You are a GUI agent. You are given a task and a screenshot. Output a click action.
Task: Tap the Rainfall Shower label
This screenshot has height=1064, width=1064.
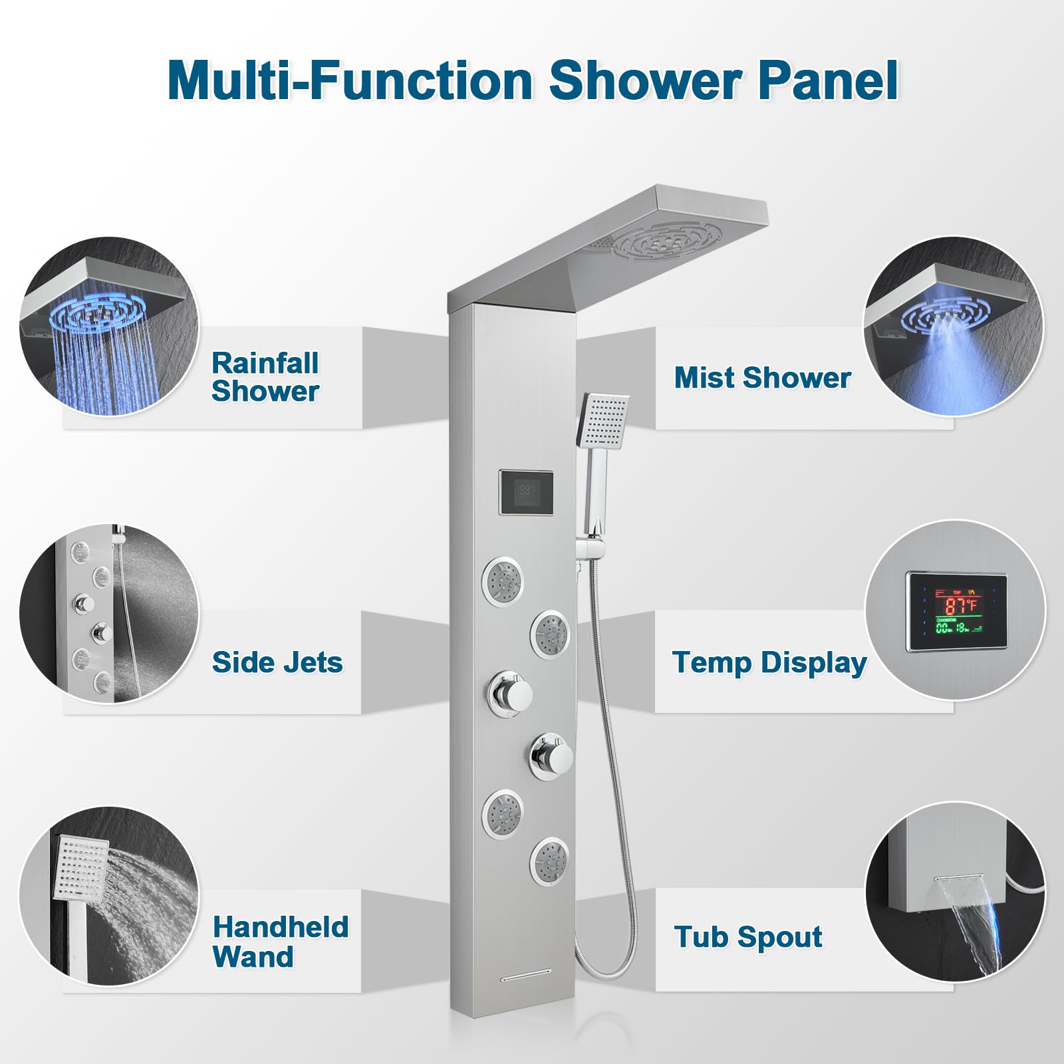(x=265, y=377)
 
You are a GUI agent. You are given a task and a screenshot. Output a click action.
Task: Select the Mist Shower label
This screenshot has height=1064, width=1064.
(x=762, y=378)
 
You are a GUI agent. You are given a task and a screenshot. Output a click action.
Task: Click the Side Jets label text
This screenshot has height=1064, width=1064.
(x=277, y=662)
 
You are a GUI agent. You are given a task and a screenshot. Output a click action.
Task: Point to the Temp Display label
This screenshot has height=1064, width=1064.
(x=769, y=662)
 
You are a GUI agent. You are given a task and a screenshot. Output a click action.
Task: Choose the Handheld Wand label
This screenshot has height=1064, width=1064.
(x=280, y=942)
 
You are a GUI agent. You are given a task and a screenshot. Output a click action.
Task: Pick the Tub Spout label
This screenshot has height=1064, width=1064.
(x=748, y=937)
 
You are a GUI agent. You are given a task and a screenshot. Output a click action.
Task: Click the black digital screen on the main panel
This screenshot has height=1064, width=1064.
(x=526, y=492)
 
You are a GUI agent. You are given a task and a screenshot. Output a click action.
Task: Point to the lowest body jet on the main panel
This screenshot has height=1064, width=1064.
(x=549, y=862)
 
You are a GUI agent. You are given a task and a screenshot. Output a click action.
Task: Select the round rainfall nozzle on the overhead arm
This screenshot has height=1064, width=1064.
(x=667, y=242)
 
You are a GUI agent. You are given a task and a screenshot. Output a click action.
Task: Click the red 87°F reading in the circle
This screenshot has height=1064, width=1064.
(x=960, y=606)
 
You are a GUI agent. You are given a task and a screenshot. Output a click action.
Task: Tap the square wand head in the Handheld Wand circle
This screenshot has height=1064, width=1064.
(x=80, y=867)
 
